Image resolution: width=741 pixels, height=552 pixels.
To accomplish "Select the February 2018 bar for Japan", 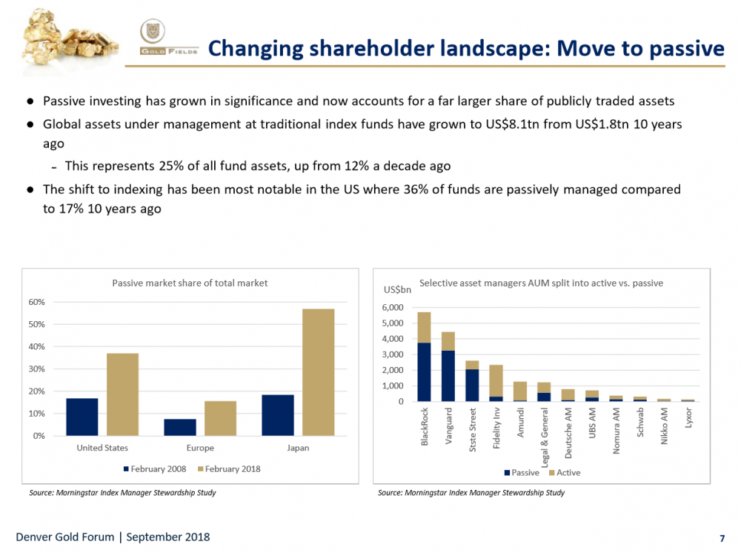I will [318, 372].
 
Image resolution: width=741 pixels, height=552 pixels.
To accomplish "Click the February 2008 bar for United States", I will [82, 417].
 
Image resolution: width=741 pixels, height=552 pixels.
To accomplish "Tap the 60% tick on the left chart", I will [36, 302].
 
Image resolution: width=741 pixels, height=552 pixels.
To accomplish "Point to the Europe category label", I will [200, 448].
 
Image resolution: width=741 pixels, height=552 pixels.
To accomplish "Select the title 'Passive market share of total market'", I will [190, 283].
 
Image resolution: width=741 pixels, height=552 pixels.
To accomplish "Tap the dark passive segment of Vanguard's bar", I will [448, 376].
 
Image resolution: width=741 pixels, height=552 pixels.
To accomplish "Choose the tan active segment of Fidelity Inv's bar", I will [496, 380].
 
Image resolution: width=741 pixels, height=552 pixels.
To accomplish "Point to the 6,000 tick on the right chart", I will [393, 308].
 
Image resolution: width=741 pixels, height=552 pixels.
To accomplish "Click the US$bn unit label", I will [397, 289].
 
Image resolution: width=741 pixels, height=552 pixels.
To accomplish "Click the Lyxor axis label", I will [689, 419].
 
